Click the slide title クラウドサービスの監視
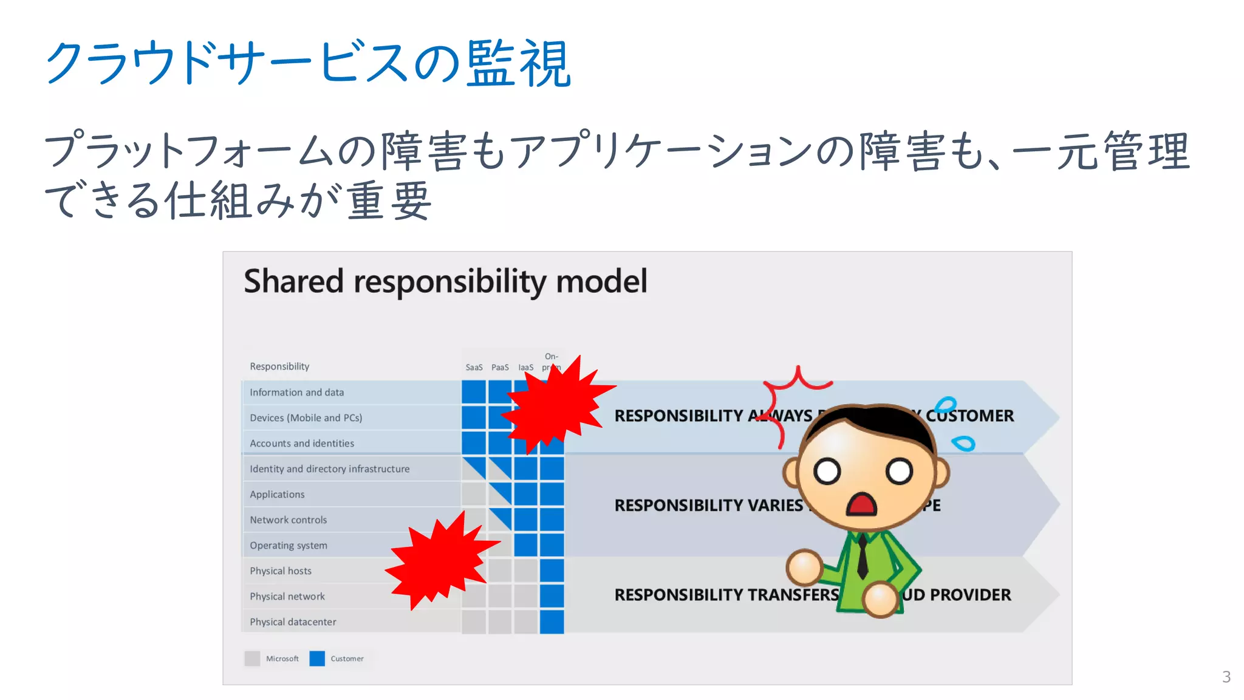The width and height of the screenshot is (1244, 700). pos(307,63)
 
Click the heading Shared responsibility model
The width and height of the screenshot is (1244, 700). pos(445,281)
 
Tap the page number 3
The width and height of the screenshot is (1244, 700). pos(1226,677)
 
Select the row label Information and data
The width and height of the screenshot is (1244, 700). pos(296,393)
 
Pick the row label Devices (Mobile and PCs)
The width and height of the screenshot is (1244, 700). pos(306,418)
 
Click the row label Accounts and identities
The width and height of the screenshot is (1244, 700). pos(302,444)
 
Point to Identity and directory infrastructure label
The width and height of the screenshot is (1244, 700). pos(329,469)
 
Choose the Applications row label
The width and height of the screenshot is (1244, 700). pos(277,495)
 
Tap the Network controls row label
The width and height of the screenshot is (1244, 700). pos(288,520)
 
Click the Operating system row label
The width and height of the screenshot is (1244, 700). pos(288,546)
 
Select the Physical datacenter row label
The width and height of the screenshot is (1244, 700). pos(293,622)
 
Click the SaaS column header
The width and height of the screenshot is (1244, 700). pos(474,368)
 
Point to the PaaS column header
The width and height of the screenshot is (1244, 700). pos(500,368)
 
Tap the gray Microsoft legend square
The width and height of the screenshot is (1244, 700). pos(252,659)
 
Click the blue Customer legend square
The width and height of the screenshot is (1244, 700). pos(317,659)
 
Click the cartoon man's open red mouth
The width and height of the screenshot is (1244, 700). pos(861,505)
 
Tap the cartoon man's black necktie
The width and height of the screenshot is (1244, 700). pos(862,556)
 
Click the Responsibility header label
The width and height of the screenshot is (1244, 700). pos(279,366)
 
